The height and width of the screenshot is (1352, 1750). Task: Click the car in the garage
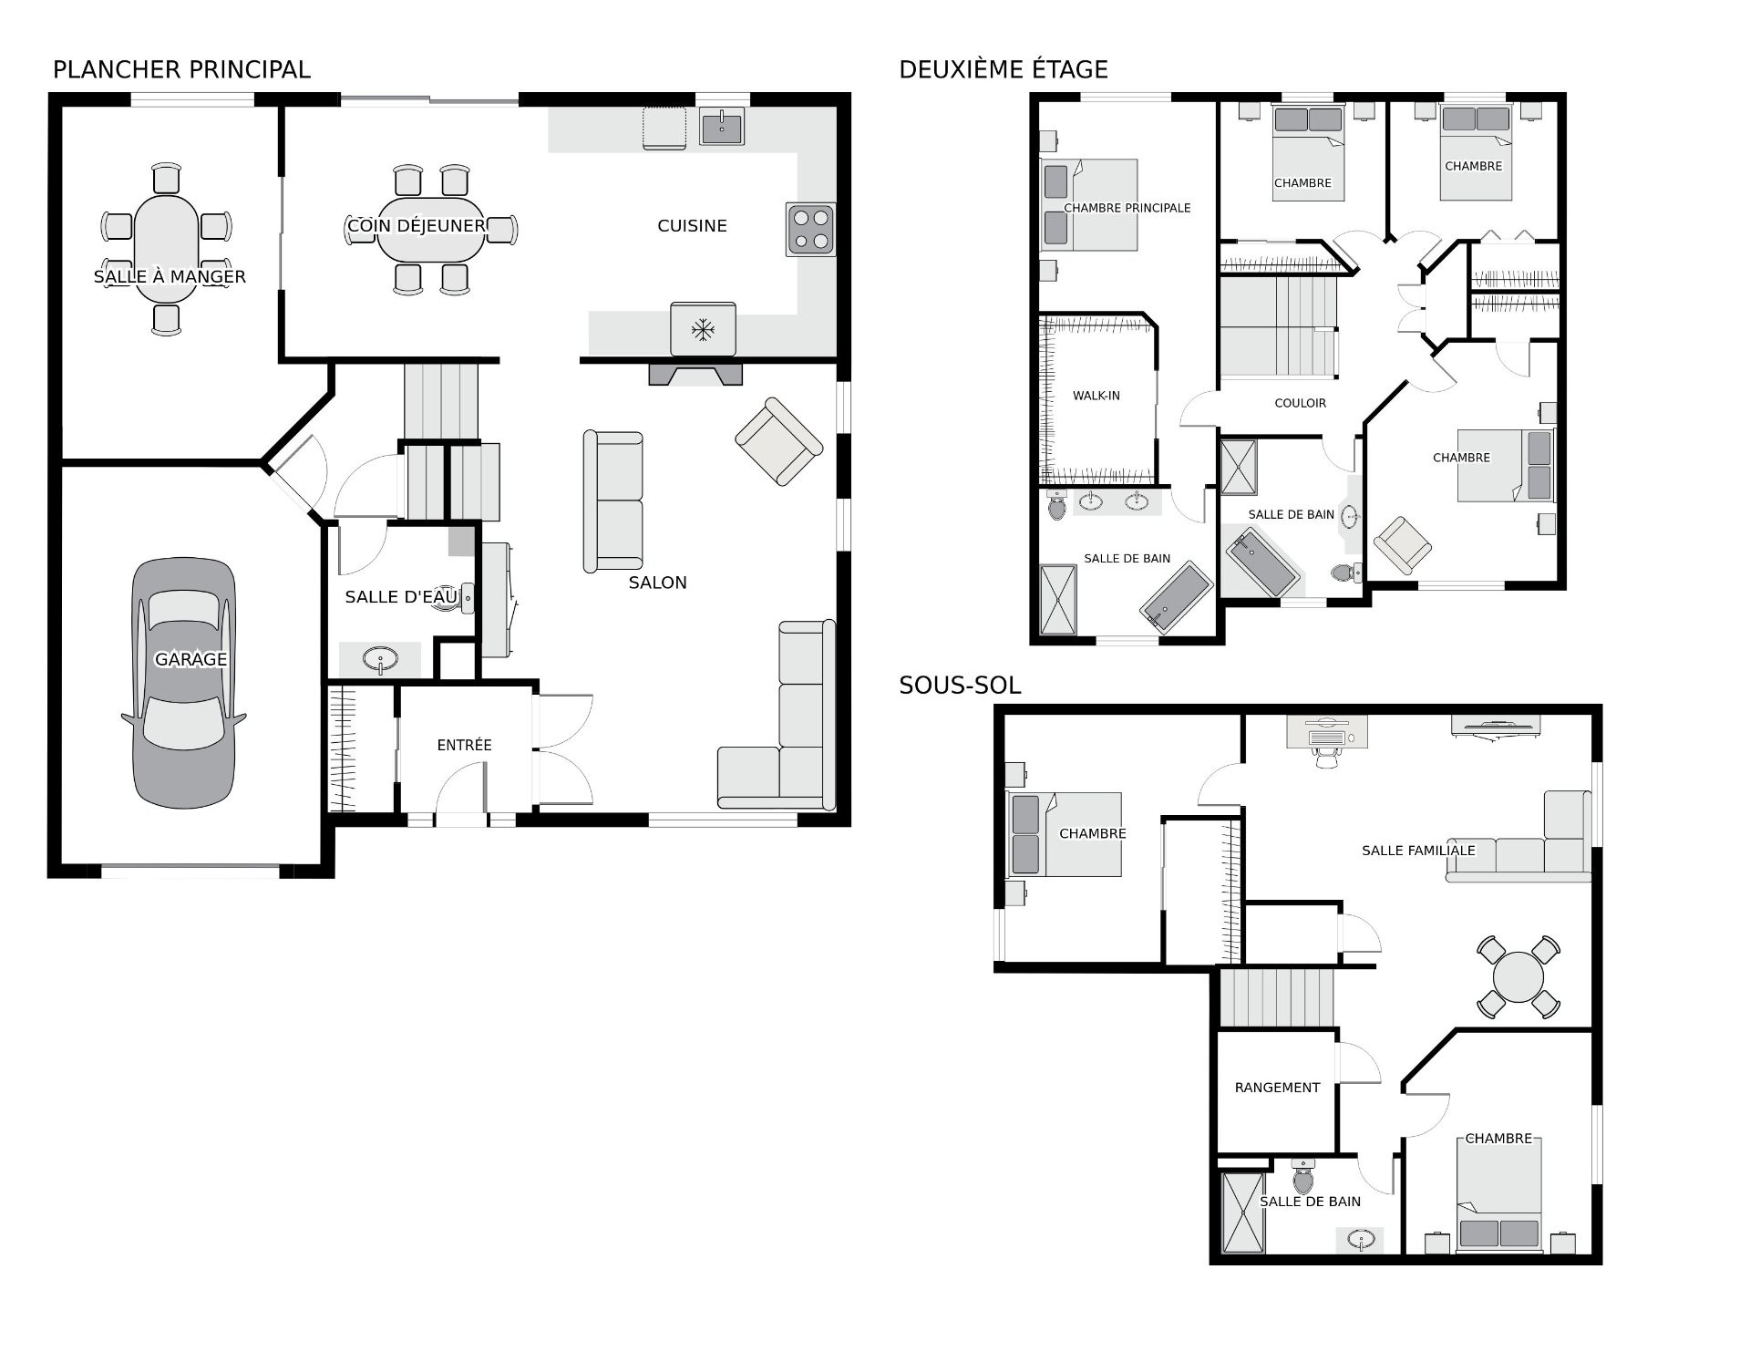(183, 683)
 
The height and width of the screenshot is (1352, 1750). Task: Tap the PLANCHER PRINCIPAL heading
(181, 69)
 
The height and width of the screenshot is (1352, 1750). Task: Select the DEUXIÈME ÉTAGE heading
(1004, 69)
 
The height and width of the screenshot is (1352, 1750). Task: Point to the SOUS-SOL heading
(960, 686)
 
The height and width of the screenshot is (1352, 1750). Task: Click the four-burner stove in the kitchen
(810, 229)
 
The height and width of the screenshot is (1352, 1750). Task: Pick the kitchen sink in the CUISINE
(722, 126)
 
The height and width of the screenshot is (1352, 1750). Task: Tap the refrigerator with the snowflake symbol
(703, 329)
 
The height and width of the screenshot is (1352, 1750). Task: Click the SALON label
(657, 583)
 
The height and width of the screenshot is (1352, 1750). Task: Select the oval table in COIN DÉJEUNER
(431, 228)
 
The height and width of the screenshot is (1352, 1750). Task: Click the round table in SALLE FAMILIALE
(1518, 977)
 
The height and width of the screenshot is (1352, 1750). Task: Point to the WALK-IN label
(1096, 396)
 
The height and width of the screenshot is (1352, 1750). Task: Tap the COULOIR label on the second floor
(1301, 403)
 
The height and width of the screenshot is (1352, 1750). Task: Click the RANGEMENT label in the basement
(1277, 1088)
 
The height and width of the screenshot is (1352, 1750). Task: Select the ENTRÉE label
(464, 745)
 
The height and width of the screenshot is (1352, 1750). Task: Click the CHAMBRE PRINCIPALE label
(1127, 208)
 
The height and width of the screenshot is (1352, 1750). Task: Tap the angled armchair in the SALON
(778, 441)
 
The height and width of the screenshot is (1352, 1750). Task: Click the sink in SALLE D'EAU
(380, 658)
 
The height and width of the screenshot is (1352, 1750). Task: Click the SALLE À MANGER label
(170, 277)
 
